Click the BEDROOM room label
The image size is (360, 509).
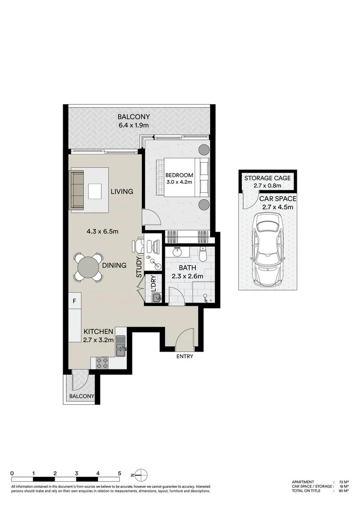coord(179,175)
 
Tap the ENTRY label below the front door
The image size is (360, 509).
coord(185,356)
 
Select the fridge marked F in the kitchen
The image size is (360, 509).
coord(74,301)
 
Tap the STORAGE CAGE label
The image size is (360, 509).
coord(268,178)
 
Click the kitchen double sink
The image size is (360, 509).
coord(121,346)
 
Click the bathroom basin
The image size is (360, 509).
coord(177,252)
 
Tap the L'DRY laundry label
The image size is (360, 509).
coord(153,283)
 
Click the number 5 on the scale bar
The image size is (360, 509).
coord(120,473)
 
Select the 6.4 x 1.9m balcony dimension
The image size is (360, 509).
coord(134,125)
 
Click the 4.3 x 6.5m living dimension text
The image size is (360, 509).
coord(102,231)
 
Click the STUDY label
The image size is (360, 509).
coord(139,267)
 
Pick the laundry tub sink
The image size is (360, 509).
coord(157,297)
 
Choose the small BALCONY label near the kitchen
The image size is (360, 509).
coord(82,396)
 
